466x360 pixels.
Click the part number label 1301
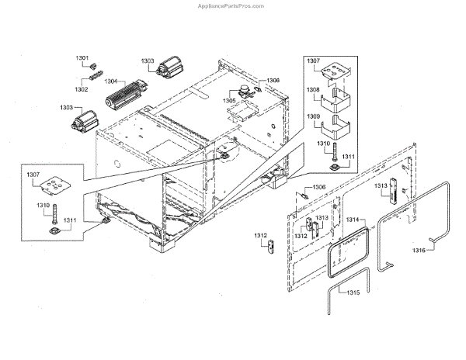click(x=82, y=59)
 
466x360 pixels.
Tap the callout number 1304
click(x=111, y=81)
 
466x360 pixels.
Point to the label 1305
click(x=231, y=100)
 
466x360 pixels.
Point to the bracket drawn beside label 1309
click(x=339, y=126)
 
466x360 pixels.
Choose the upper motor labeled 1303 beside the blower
click(x=165, y=71)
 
